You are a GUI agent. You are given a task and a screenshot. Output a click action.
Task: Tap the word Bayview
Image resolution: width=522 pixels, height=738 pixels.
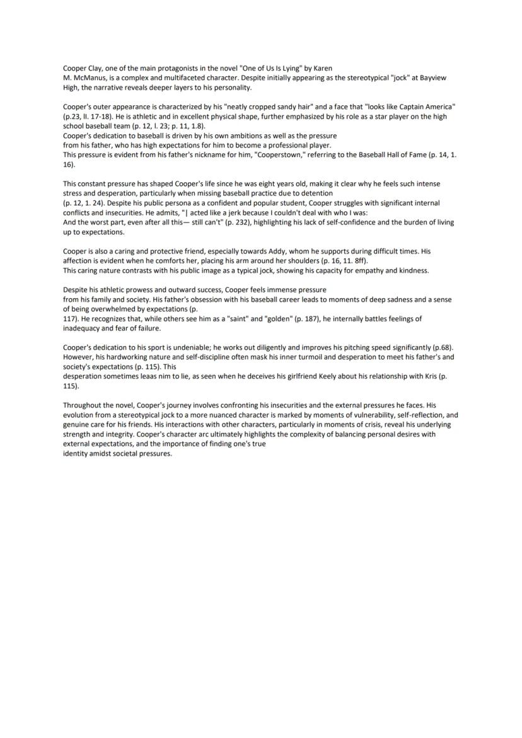tap(432, 78)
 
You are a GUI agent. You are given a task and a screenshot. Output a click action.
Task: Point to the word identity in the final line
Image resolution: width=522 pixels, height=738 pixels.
tap(75, 454)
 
